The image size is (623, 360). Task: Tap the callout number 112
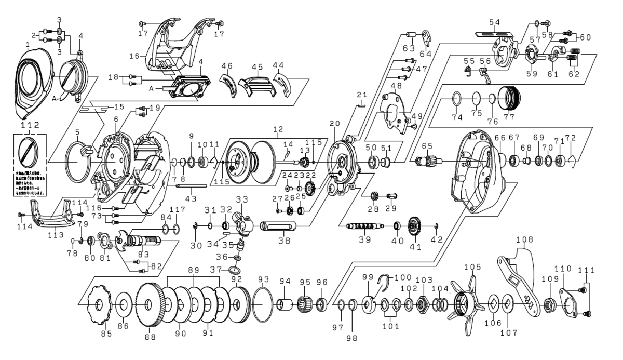pos(30,124)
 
